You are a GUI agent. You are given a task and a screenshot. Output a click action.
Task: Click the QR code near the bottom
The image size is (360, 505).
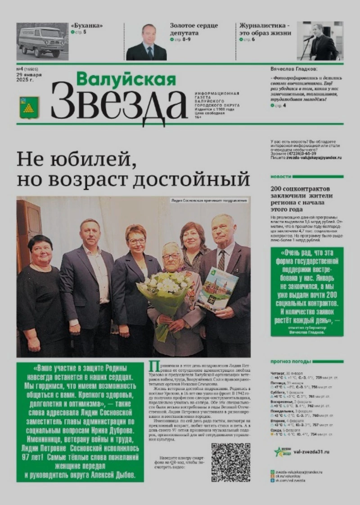click(x=230, y=462)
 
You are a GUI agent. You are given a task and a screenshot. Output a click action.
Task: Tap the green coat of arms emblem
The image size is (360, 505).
click(x=29, y=107)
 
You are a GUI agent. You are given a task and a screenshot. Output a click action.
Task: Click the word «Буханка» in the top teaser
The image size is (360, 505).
click(x=86, y=26)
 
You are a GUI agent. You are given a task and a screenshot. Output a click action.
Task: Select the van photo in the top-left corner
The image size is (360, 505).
click(x=42, y=41)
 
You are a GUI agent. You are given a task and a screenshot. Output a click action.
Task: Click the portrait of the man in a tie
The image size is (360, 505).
click(x=146, y=42)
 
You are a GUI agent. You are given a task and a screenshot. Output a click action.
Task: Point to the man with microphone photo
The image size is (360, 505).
click(x=320, y=41)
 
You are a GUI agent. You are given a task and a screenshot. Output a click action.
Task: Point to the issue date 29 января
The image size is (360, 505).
click(x=30, y=75)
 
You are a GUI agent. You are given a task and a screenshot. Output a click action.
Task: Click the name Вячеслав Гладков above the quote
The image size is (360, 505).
click(x=295, y=69)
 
